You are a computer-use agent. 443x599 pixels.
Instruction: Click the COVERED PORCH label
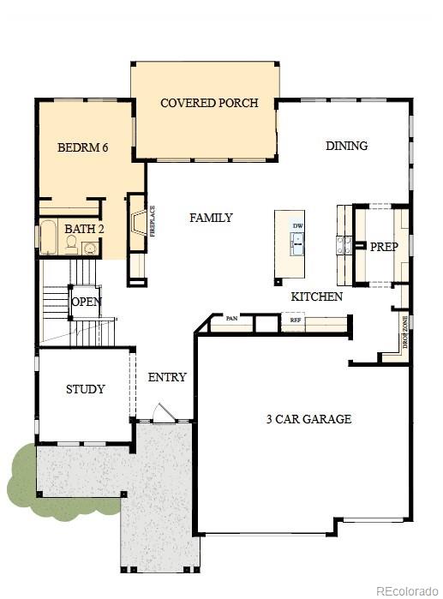point(209,104)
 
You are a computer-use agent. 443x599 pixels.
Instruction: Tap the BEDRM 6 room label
point(82,147)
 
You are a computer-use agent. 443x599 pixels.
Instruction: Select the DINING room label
point(346,146)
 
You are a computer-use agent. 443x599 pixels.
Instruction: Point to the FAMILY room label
point(211,218)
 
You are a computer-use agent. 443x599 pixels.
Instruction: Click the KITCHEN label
point(316,297)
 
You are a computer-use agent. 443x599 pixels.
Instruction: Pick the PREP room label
point(384,246)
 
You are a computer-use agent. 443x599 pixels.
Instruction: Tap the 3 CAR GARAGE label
point(308,419)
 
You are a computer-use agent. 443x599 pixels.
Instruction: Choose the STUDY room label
point(86,389)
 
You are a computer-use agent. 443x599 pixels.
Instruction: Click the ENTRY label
point(167,377)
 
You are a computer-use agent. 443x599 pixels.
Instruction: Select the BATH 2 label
point(84,229)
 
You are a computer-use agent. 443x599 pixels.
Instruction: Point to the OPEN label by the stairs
point(87,302)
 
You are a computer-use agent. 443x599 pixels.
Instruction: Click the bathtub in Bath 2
point(49,237)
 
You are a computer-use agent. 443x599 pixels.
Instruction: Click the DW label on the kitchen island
point(297,226)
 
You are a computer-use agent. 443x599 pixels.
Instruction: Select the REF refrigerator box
point(296,320)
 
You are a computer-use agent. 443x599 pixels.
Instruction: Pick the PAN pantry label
point(231,319)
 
